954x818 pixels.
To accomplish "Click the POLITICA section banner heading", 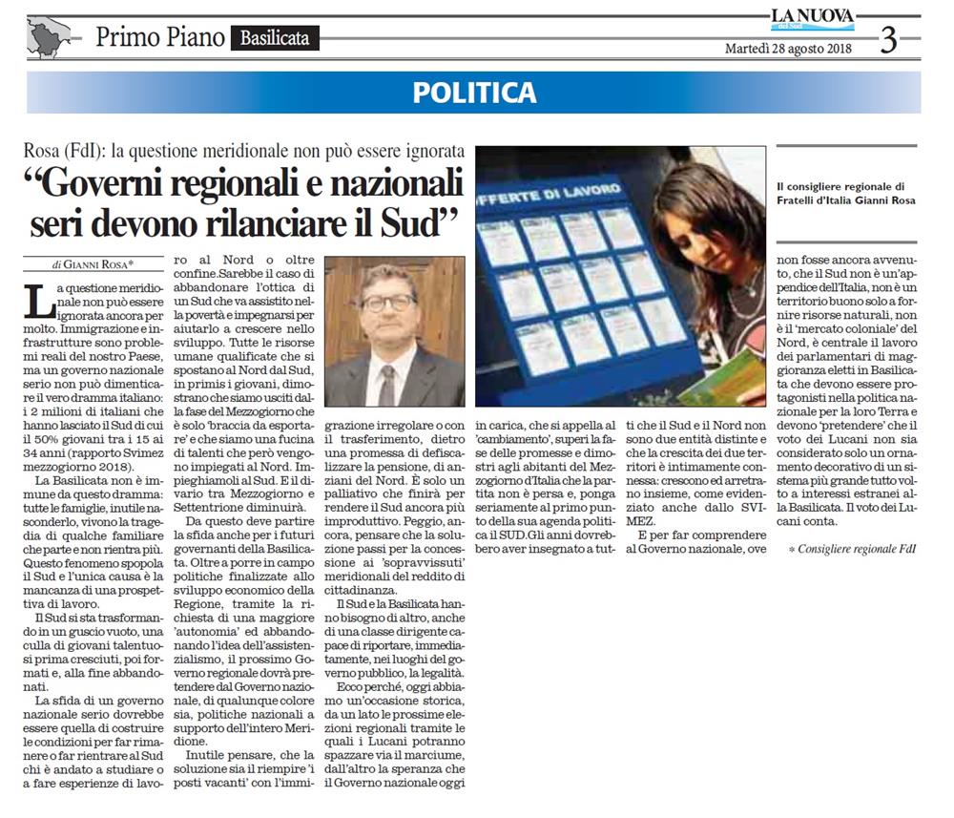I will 474,93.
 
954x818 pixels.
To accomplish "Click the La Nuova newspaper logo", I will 812,19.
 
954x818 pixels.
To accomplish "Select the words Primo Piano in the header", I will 160,38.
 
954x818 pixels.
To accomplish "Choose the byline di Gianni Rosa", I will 93,263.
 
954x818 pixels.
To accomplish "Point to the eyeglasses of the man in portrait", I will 388,302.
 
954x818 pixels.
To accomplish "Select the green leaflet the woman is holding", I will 734,377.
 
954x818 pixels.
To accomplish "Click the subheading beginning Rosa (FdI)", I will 246,152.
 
